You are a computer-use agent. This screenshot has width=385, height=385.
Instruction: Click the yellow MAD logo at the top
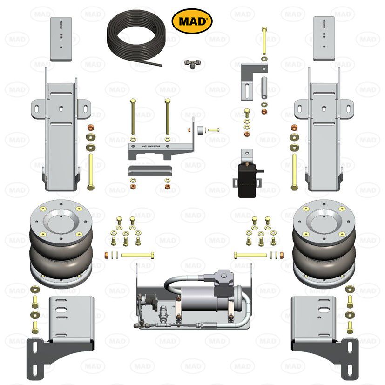click(192, 20)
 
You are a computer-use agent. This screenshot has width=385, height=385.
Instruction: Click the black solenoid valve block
click(248, 180)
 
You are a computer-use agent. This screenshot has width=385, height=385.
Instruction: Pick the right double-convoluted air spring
click(324, 242)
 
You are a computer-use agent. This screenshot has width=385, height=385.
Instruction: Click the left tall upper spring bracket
click(61, 130)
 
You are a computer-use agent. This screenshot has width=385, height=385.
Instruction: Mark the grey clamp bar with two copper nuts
click(147, 170)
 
